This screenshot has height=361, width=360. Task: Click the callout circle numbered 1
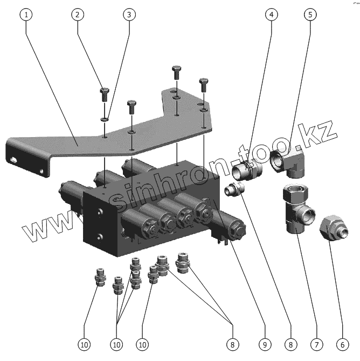click(x=25, y=15)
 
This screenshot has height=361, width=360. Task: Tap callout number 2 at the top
click(x=79, y=15)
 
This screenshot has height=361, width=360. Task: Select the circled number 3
click(x=129, y=15)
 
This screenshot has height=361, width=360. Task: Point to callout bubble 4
click(x=272, y=15)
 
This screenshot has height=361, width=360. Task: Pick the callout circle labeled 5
click(x=310, y=15)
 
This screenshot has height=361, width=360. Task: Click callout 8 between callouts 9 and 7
click(x=290, y=344)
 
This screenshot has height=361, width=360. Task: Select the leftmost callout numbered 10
click(x=85, y=344)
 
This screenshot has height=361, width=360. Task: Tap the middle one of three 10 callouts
click(x=117, y=344)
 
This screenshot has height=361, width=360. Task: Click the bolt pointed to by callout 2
click(x=105, y=95)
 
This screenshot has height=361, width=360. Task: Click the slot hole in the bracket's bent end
click(x=13, y=160)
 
